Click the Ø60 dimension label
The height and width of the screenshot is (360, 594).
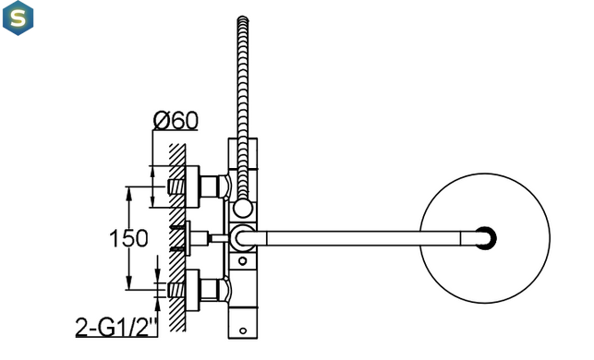tap(176, 120)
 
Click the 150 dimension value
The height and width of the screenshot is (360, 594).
tap(128, 238)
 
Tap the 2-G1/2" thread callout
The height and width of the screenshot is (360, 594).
tap(116, 328)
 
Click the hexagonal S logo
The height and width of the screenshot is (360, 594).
tap(18, 18)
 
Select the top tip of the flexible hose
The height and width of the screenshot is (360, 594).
tap(243, 17)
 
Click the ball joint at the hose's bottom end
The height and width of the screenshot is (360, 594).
tap(243, 209)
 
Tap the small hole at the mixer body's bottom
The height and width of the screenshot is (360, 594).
tap(243, 330)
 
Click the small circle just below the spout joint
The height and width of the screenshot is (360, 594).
tap(243, 261)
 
